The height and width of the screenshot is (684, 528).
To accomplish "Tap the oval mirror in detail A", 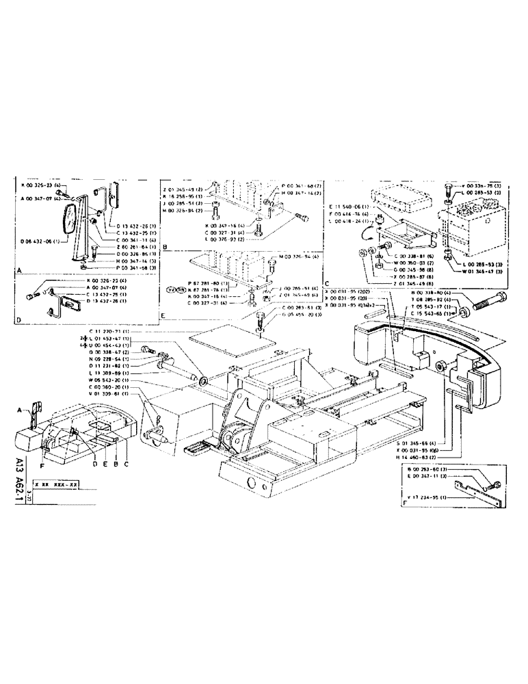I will (70, 221).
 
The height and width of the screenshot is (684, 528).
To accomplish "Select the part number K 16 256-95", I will (183, 195).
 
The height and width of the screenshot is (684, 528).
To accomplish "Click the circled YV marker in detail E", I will (180, 289).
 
